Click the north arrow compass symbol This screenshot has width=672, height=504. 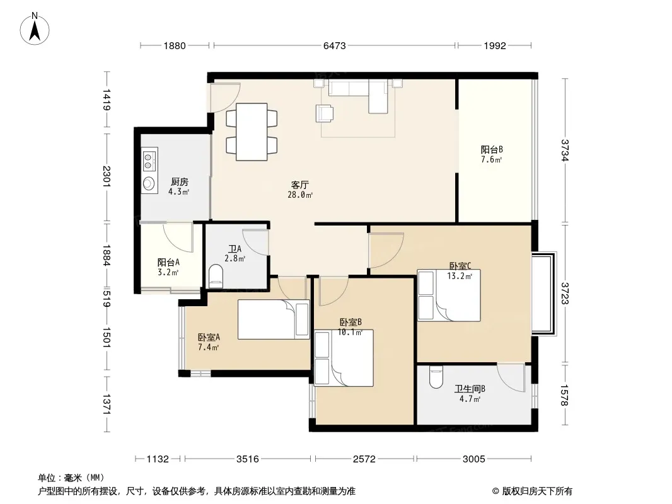[x=35, y=29]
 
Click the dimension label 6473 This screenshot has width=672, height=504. [x=334, y=46]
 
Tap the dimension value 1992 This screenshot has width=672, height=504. [x=495, y=46]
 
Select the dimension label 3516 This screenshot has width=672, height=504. [x=248, y=459]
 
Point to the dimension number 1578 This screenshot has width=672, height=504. [x=564, y=395]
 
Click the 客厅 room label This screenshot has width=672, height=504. [x=300, y=185]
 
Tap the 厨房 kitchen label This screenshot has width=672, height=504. [x=179, y=182]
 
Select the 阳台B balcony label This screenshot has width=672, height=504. [x=492, y=149]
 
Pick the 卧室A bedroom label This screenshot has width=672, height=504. [x=209, y=338]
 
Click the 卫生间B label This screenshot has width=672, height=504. [x=470, y=389]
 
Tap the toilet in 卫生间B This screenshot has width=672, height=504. [x=436, y=376]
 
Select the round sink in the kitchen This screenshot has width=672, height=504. [x=149, y=183]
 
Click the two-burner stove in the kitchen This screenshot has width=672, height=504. [x=149, y=159]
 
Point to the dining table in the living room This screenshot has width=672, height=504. [x=252, y=132]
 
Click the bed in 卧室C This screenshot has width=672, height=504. [x=449, y=295]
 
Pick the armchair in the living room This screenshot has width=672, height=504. [x=325, y=113]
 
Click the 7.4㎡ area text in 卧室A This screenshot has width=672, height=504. [x=209, y=347]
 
